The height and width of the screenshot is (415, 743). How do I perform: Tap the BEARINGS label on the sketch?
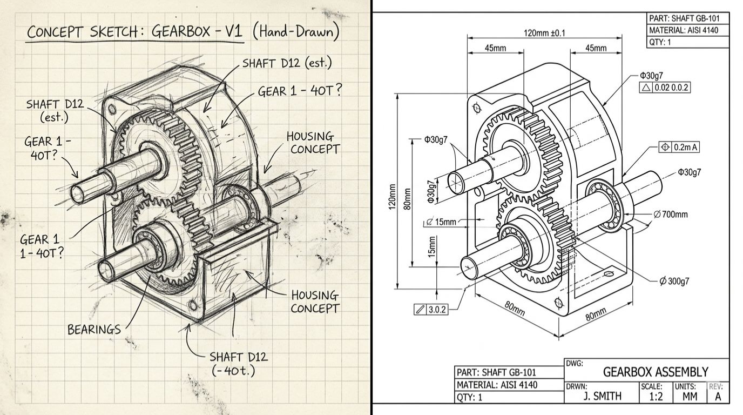point(94,329)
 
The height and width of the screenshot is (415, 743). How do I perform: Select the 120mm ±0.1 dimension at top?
point(544,33)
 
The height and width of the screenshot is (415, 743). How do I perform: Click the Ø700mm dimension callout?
point(671,215)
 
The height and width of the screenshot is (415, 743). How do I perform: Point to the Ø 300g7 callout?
point(674,282)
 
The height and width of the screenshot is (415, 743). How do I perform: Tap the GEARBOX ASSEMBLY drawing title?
point(655,372)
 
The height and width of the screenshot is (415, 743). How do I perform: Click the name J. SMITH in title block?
point(602,396)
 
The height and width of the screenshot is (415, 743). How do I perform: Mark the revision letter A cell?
point(718,396)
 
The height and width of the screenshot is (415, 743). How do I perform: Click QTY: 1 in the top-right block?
point(660,42)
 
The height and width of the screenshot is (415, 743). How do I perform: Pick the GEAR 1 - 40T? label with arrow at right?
point(300,91)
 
